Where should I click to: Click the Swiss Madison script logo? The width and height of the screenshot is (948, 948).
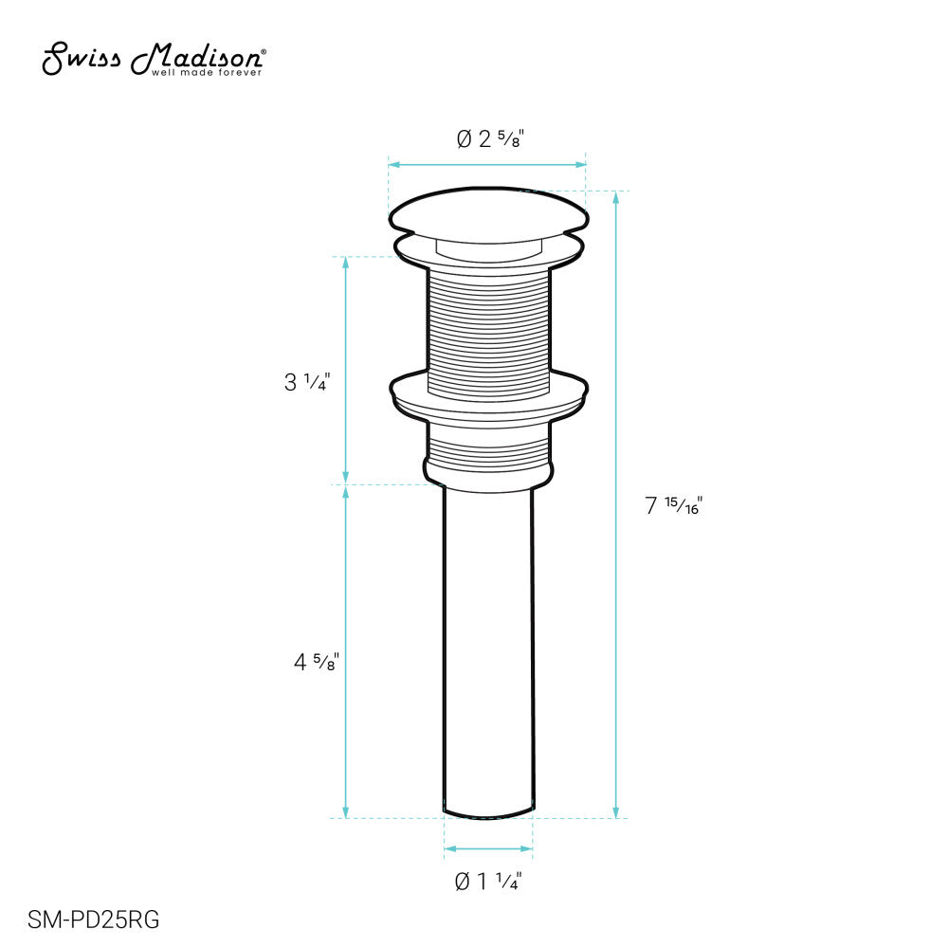153,59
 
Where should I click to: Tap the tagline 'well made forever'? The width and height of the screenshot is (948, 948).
207,73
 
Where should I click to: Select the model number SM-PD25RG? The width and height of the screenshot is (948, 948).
94,920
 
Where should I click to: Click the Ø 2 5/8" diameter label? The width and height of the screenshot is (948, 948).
490,138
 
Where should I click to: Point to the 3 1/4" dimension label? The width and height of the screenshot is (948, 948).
307,382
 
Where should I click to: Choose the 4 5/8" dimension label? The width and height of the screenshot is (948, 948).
317,662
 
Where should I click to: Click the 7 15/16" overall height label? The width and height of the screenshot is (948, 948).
673,505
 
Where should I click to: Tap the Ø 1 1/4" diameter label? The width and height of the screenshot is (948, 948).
488,882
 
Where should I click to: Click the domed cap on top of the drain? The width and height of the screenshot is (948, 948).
488,211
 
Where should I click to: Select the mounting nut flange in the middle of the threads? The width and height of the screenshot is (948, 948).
488,396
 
